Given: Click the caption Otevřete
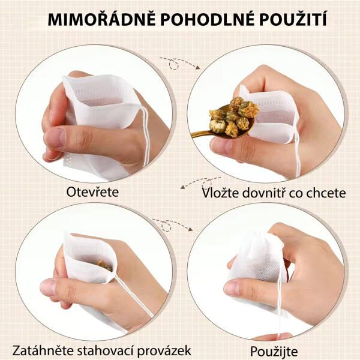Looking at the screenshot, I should [92, 193].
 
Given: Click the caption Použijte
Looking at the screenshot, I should [274, 350].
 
